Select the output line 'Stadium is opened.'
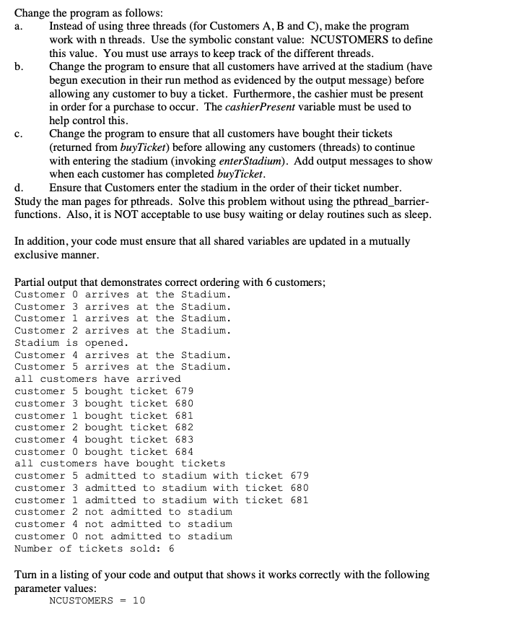click(x=71, y=343)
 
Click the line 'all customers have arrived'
click(x=97, y=379)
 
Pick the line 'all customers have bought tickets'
click(x=120, y=464)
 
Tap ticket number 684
click(x=184, y=451)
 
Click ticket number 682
click(x=184, y=427)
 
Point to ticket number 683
click(x=184, y=440)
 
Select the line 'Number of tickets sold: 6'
click(x=94, y=549)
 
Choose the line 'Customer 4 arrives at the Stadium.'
click(x=123, y=355)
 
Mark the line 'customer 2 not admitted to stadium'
click(x=123, y=512)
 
